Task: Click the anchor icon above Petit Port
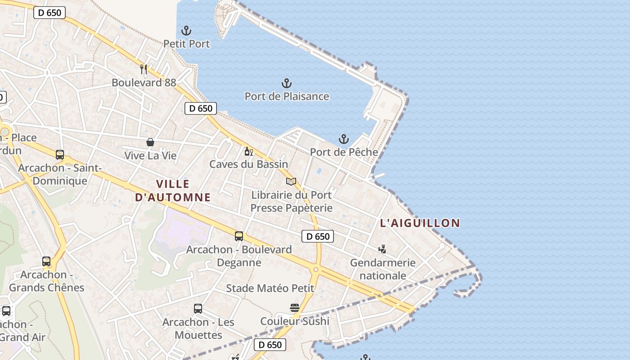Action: [186, 31]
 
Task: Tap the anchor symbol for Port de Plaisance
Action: [287, 83]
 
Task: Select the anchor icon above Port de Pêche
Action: [344, 139]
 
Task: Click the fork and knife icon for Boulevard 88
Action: [144, 69]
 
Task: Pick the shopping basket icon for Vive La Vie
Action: [150, 143]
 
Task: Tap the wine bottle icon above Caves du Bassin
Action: [248, 152]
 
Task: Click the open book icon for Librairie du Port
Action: [291, 181]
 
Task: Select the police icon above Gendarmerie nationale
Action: [382, 249]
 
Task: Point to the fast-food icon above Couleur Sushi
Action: [295, 308]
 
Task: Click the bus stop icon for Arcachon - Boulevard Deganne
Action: [239, 236]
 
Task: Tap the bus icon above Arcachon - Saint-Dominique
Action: [60, 155]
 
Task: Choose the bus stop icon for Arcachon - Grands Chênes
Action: [46, 261]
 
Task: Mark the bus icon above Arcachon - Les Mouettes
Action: [198, 309]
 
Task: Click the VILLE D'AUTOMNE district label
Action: [173, 190]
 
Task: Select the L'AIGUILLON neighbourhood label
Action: [420, 223]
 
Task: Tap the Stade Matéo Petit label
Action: [270, 288]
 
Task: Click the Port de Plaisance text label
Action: [287, 96]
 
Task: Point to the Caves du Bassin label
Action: [248, 164]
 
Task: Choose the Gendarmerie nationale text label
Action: [382, 269]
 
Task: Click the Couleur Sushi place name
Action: [295, 321]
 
